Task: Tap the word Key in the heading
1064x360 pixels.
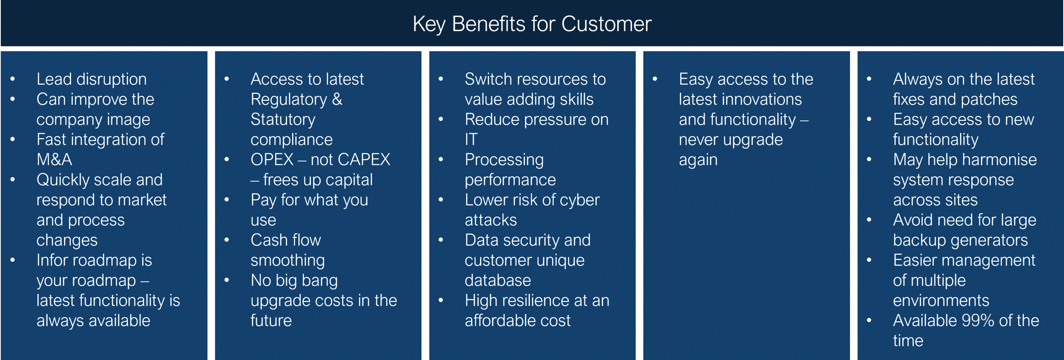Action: [429, 24]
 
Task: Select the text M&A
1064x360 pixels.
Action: [54, 160]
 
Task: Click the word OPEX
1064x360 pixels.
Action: [272, 160]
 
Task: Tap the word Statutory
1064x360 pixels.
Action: [283, 120]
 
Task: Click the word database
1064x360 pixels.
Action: [498, 281]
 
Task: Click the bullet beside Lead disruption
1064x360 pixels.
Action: [13, 79]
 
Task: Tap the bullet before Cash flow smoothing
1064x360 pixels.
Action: [227, 240]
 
